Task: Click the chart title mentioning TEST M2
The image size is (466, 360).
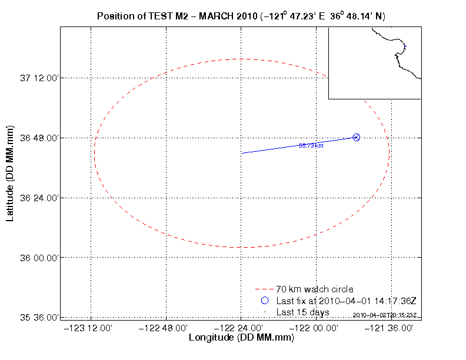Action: point(241,15)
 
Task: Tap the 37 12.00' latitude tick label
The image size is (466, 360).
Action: point(39,78)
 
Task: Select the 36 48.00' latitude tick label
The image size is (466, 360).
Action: point(39,138)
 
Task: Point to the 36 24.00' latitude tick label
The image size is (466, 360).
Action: point(39,198)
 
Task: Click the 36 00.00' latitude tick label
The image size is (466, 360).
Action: point(39,258)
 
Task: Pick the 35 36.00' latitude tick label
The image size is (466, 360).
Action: point(39,318)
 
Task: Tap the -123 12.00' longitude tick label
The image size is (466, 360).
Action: point(91,328)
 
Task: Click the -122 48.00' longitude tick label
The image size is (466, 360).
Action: point(166,328)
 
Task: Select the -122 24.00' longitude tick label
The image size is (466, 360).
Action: point(241,328)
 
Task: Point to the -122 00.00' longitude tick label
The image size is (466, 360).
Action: point(315,328)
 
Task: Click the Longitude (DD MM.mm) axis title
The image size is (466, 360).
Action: point(241,338)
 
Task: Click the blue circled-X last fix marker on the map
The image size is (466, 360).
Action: point(356,137)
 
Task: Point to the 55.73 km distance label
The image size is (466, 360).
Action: point(311,145)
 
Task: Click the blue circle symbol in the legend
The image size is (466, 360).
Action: point(264,301)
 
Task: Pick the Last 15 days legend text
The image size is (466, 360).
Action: point(303,312)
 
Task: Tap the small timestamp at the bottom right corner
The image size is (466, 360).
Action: point(385,315)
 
